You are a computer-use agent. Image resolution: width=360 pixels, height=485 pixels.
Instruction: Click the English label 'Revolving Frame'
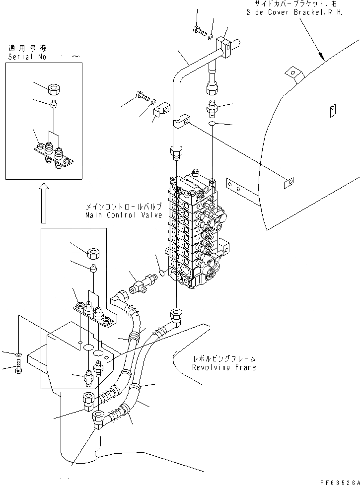(x=224, y=367)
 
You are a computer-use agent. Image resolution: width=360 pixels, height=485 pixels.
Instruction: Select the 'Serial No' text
(x=28, y=57)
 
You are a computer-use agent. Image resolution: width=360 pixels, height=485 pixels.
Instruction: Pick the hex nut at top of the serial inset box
(x=55, y=90)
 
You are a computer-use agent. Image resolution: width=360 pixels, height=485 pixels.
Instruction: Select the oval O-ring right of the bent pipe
(x=213, y=123)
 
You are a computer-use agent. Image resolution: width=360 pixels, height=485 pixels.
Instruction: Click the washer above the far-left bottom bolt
(x=18, y=354)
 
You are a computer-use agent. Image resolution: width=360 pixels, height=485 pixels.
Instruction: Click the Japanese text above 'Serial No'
(x=27, y=48)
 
